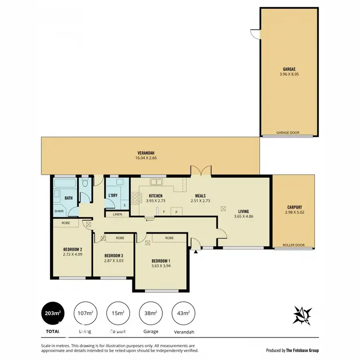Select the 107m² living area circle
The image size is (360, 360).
[84, 313]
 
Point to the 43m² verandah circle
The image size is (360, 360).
[182, 313]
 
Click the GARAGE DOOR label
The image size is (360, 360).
[288, 133]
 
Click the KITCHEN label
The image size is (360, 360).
[156, 196]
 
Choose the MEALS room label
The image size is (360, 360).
[200, 196]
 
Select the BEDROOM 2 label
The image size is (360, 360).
[73, 249]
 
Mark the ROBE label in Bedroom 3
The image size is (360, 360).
[120, 238]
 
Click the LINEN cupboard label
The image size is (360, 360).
[118, 215]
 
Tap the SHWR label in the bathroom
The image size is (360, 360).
[59, 211]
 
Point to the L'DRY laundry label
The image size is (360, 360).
[113, 195]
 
